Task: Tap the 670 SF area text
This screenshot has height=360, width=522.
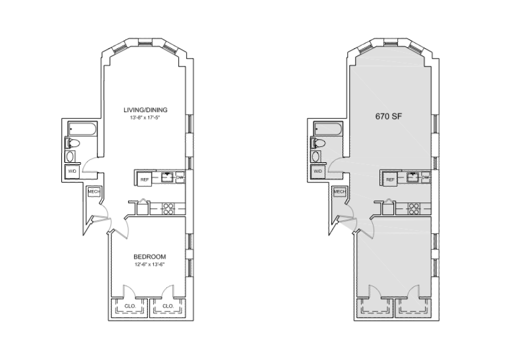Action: (x=388, y=117)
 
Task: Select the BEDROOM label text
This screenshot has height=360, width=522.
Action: (x=149, y=256)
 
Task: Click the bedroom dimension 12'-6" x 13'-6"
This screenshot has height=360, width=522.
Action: (x=149, y=264)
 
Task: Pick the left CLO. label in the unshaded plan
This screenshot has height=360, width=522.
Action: (x=130, y=306)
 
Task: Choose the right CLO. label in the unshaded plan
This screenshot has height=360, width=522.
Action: (x=168, y=306)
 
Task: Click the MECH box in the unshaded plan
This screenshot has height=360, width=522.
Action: (x=94, y=192)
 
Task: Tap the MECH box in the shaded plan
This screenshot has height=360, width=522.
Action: (x=340, y=192)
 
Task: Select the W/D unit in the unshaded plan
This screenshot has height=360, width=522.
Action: (x=72, y=171)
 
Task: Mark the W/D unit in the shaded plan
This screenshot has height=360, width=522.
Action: (x=318, y=171)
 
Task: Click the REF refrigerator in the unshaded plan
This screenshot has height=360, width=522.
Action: (x=145, y=178)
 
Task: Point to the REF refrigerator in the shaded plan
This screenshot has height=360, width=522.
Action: (x=390, y=179)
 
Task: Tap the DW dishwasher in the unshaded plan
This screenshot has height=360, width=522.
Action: (x=179, y=176)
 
